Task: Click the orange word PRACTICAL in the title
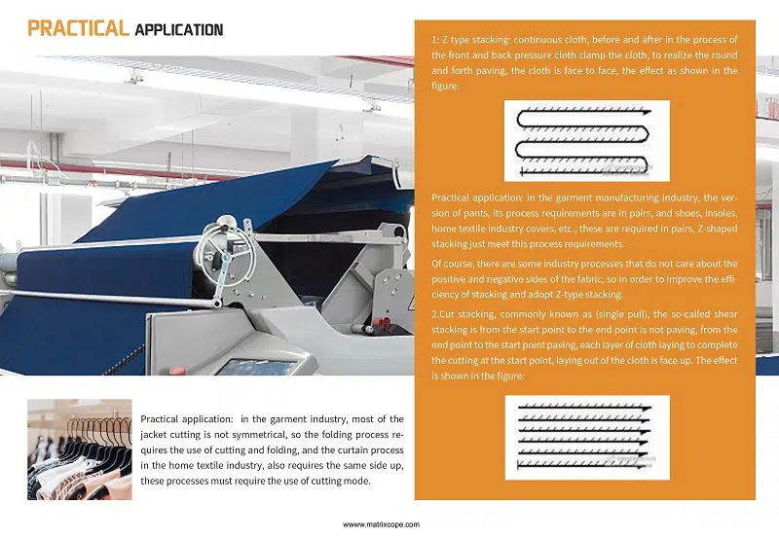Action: (78, 28)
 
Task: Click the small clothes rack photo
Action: (79, 448)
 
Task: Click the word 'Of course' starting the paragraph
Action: (453, 264)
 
